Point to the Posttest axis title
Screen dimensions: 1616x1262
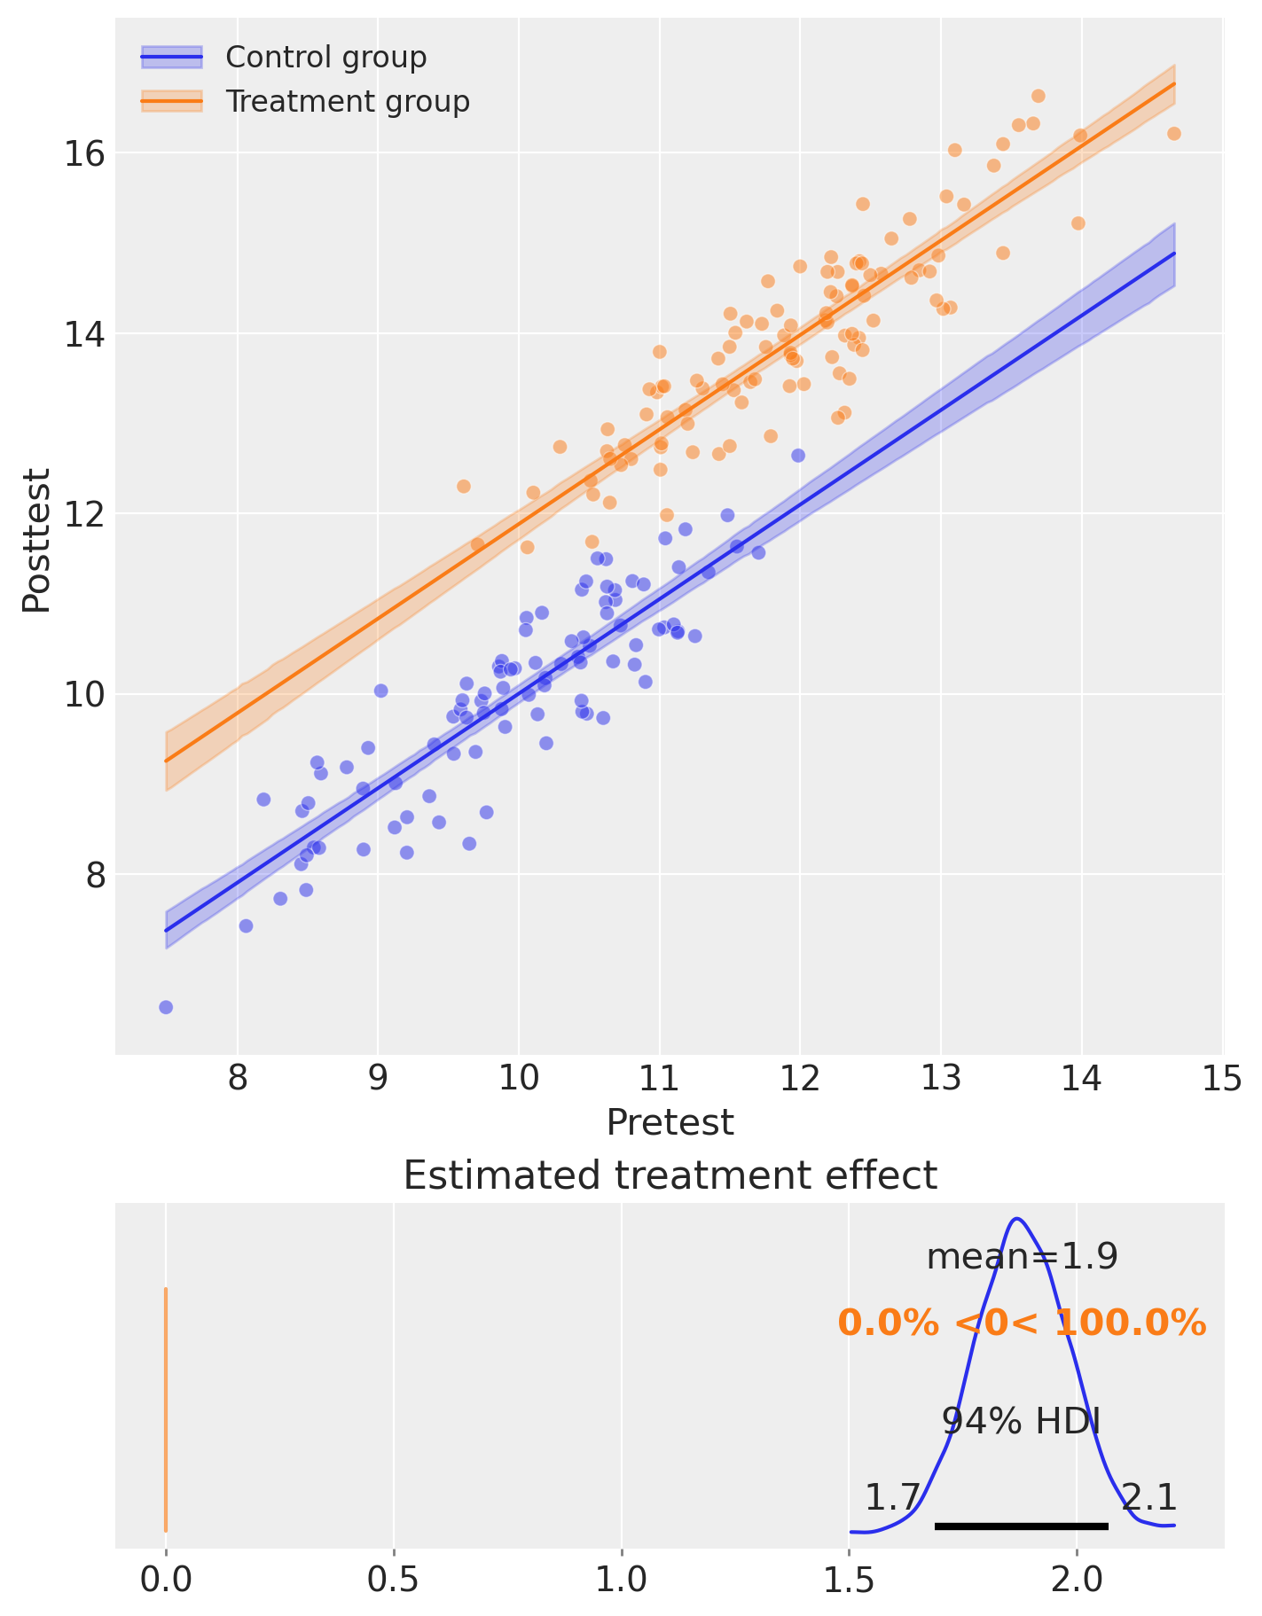pyautogui.click(x=36, y=540)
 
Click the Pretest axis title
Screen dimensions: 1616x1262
pyautogui.click(x=670, y=1122)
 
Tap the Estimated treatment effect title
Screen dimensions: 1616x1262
pyautogui.click(x=670, y=1176)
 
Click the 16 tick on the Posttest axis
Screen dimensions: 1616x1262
pyautogui.click(x=82, y=153)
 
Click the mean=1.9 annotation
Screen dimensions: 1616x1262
pyautogui.click(x=1022, y=1257)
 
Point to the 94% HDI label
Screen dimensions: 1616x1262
pyautogui.click(x=1021, y=1422)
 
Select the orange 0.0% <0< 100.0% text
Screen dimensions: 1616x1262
pyautogui.click(x=1022, y=1323)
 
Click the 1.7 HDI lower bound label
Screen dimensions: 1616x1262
pyautogui.click(x=892, y=1498)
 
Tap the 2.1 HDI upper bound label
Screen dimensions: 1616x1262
pyautogui.click(x=1149, y=1498)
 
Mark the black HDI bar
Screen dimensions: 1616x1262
pyautogui.click(x=1022, y=1526)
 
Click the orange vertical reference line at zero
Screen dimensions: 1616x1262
pyautogui.click(x=166, y=1409)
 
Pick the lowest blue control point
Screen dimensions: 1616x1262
pyautogui.click(x=166, y=1007)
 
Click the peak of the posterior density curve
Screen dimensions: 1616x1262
pyautogui.click(x=1017, y=1219)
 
